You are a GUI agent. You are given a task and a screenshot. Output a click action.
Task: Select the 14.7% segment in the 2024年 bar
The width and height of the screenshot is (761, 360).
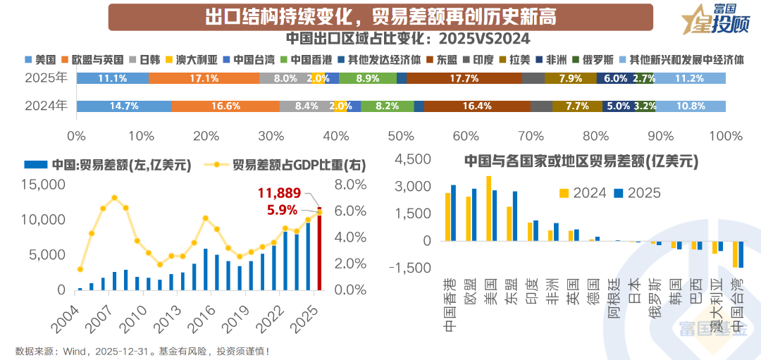(123, 106)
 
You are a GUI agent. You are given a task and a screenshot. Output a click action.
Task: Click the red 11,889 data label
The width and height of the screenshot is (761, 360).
(278, 192)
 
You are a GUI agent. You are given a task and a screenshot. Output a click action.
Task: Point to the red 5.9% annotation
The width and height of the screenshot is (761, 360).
(283, 209)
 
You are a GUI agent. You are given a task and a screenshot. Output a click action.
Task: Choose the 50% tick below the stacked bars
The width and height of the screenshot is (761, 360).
(400, 135)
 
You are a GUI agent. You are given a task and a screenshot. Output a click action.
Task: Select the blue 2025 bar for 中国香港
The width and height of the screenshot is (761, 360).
(454, 213)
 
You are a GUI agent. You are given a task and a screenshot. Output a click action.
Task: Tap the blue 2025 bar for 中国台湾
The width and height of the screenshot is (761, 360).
(741, 254)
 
